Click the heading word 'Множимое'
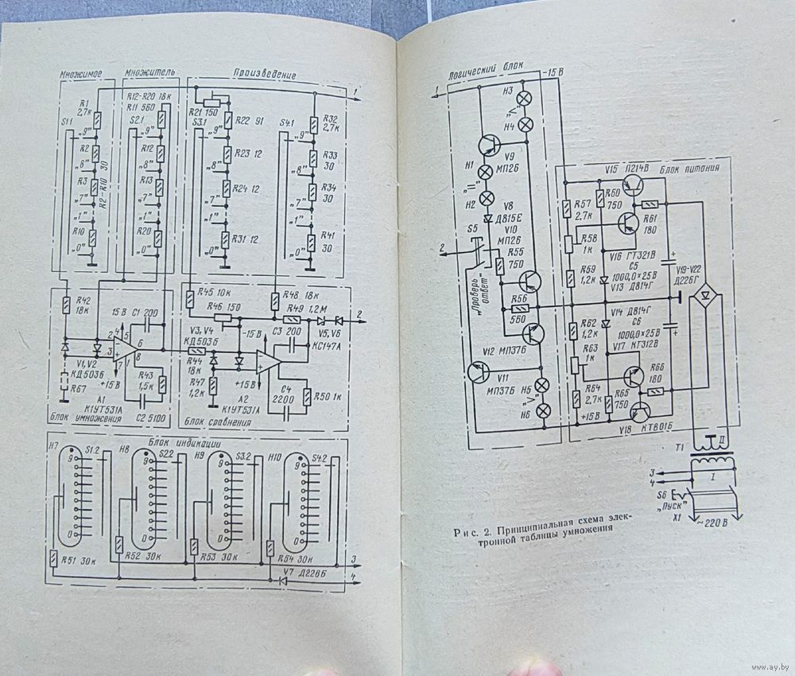85,74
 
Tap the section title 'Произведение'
266,74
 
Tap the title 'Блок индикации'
182,442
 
